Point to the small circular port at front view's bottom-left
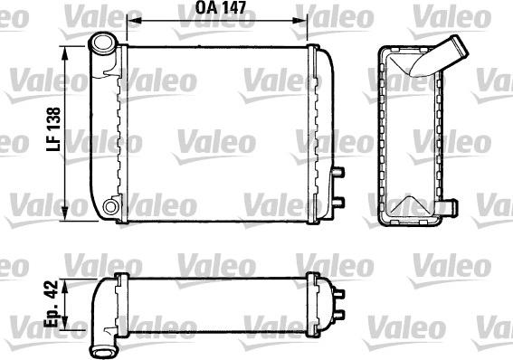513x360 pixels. coord(111,207)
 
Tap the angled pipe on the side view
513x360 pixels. coord(443,55)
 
